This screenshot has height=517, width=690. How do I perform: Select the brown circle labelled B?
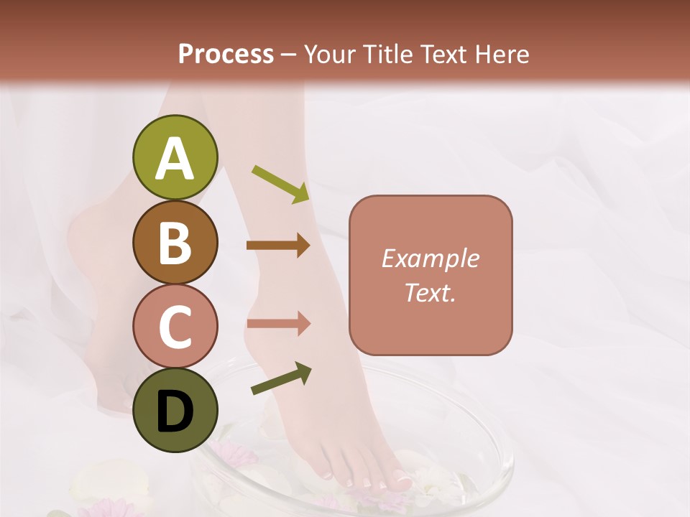pos(175,242)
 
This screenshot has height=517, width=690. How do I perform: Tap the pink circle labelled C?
pos(175,327)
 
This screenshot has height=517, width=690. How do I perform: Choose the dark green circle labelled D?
pos(175,410)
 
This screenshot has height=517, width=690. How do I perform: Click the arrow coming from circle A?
pos(280,183)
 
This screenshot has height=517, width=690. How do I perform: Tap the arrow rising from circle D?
pos(281,379)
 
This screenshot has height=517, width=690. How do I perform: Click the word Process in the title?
pos(226,54)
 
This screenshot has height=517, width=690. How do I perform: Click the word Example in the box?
pos(430,258)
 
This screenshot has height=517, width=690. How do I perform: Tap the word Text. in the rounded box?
pos(430,292)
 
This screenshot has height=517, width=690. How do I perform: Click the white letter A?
pos(175,159)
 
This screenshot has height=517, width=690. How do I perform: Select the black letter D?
pos(175,411)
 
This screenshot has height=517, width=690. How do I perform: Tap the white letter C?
pos(175,327)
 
